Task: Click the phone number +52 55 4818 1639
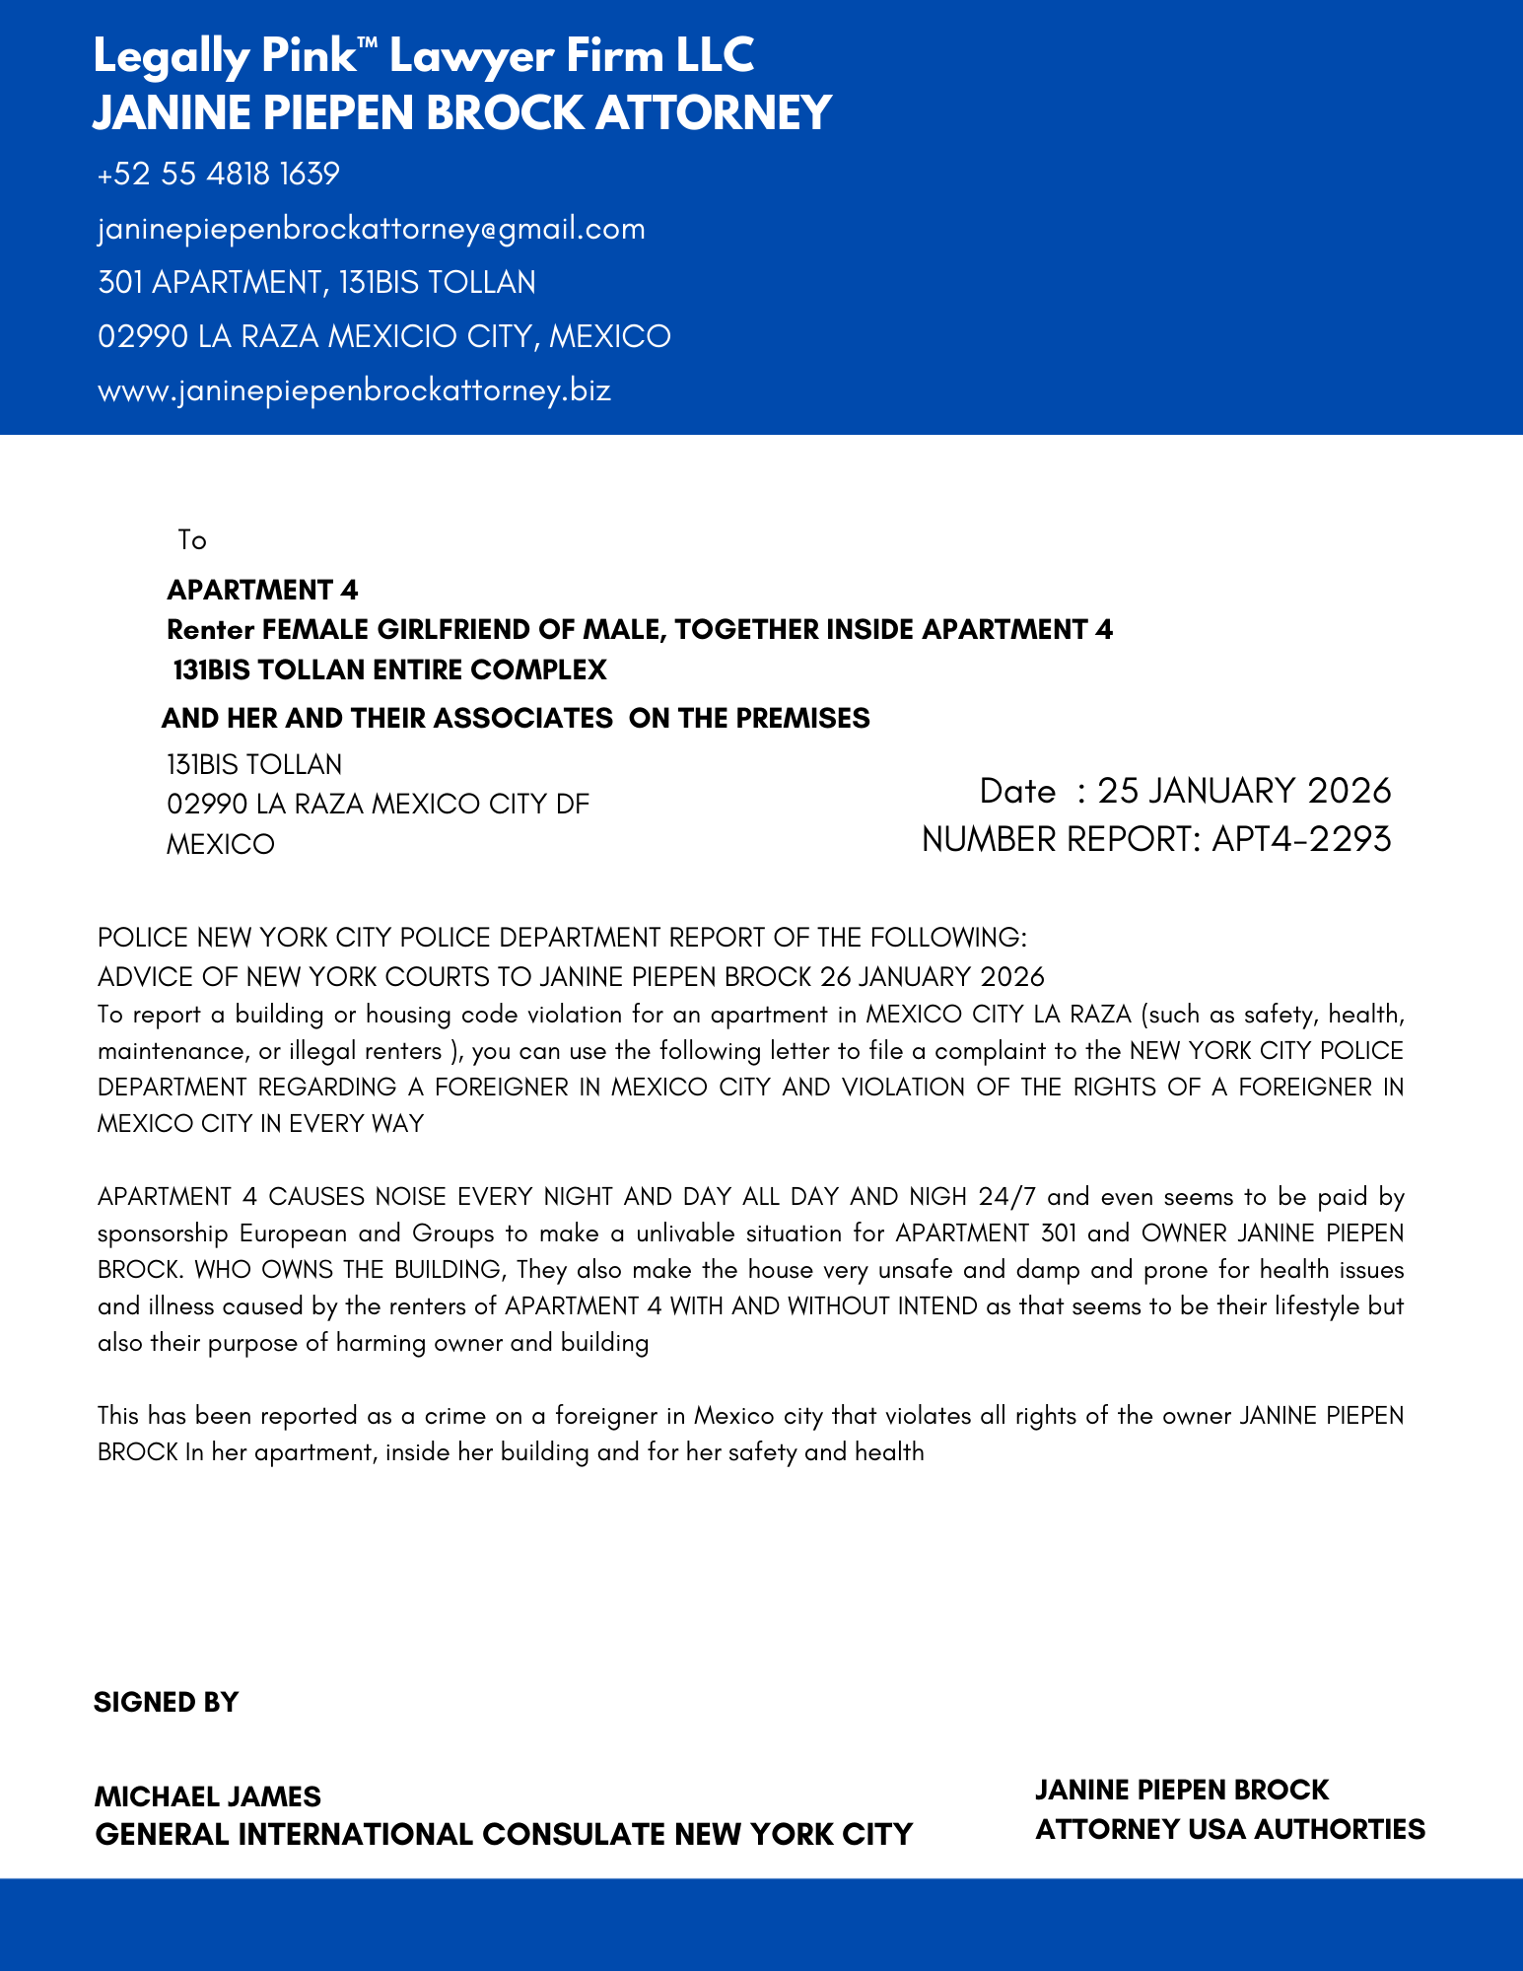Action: coord(219,174)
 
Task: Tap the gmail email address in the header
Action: coord(372,229)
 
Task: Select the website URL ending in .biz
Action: coord(355,390)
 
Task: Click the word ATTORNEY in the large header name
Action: coord(714,112)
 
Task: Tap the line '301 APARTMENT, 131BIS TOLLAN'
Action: coord(316,283)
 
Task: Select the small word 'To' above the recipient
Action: coord(192,540)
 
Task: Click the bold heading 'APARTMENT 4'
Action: coord(262,590)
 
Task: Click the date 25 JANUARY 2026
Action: coord(1244,791)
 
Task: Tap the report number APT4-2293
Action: coord(1301,839)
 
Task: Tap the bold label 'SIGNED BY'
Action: coord(166,1703)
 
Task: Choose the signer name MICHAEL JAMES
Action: coord(208,1796)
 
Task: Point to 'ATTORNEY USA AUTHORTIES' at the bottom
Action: coord(1230,1830)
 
